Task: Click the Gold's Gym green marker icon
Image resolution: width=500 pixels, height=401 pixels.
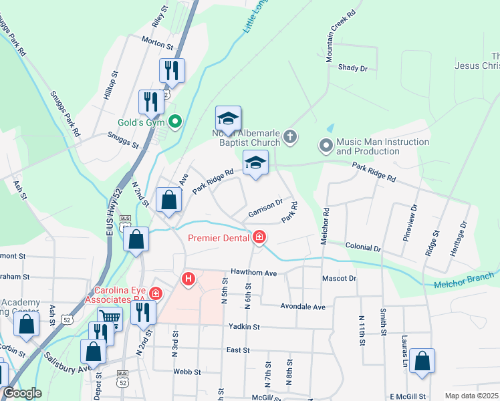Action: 175,122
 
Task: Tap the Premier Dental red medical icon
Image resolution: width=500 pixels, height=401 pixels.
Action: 259,237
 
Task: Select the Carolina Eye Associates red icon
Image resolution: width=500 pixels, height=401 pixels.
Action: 156,293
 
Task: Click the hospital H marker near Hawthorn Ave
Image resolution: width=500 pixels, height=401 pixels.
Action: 189,278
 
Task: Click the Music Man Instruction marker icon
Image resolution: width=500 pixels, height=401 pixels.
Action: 326,144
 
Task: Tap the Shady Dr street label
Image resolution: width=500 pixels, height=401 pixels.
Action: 353,68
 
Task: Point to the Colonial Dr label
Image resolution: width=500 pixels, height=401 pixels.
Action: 363,247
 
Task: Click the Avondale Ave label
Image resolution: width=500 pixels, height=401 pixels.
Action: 301,307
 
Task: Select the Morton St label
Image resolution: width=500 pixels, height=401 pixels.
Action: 158,41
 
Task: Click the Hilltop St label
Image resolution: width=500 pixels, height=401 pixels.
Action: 110,86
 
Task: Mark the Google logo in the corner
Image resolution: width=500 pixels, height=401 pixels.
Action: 23,393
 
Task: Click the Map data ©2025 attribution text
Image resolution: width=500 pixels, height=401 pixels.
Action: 471,396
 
